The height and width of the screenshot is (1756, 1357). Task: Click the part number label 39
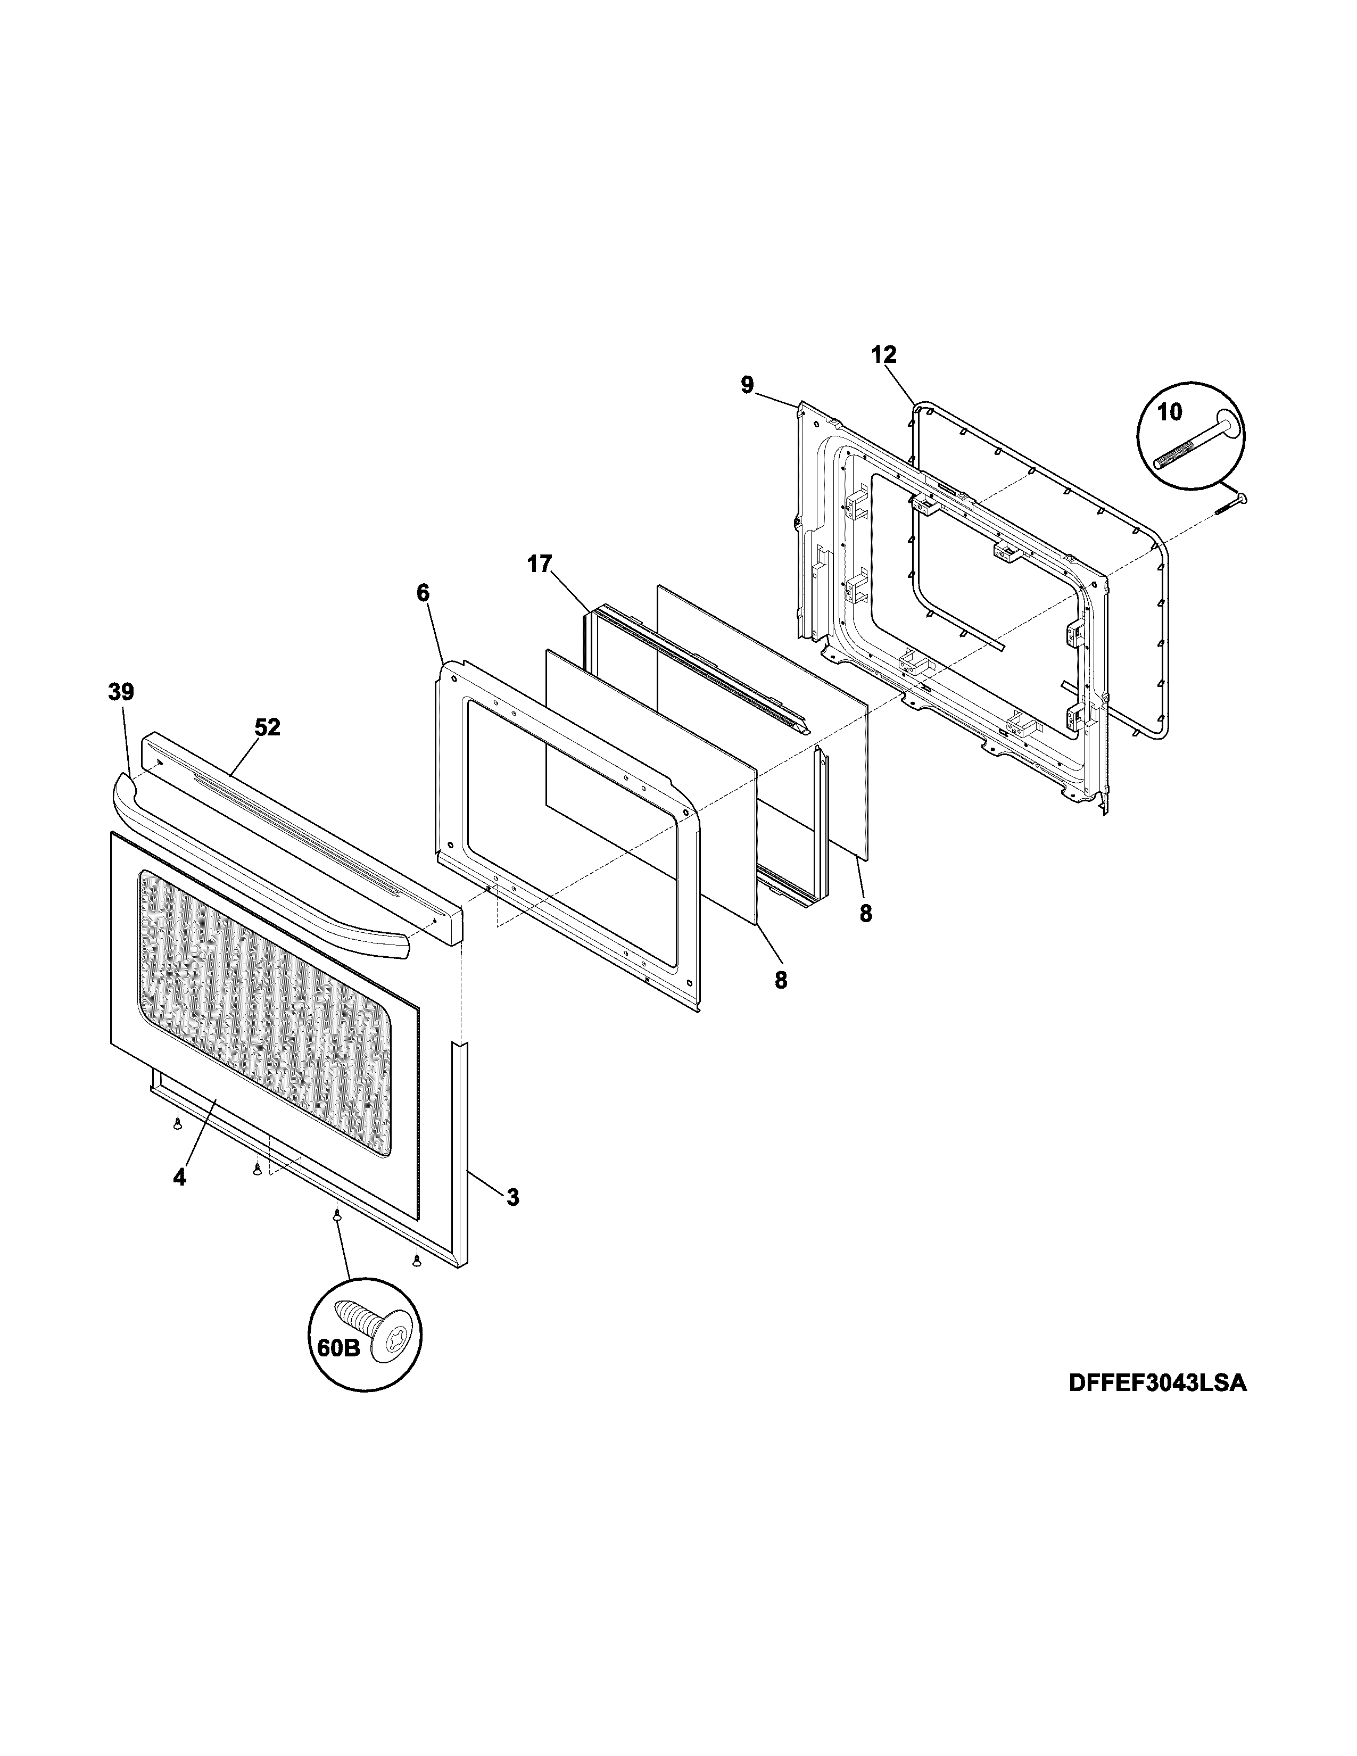pos(121,692)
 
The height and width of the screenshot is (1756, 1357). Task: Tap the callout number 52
pos(267,727)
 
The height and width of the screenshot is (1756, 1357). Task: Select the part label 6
pos(423,593)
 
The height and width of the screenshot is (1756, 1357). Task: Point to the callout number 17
pos(540,565)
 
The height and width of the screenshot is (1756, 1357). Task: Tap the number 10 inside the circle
pos(1170,412)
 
